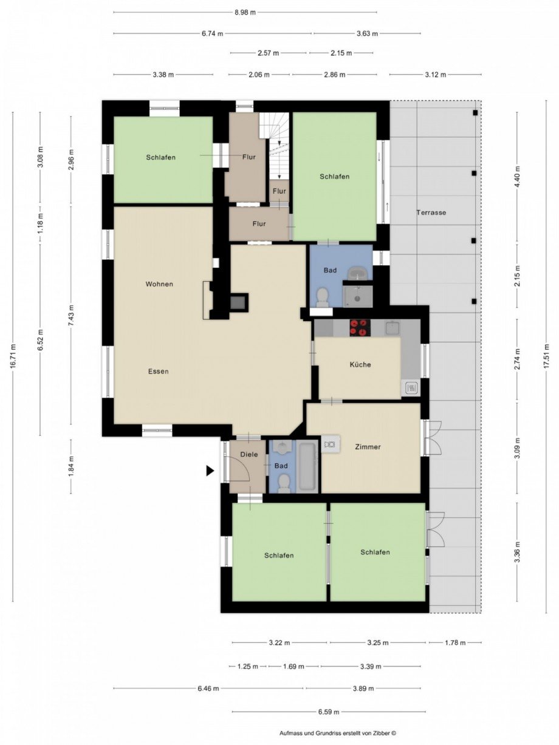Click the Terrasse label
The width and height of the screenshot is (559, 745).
tap(431, 213)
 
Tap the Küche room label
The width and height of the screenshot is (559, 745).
tap(360, 365)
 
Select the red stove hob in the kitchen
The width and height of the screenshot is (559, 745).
tap(359, 328)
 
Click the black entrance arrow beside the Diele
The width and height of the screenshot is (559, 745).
tap(210, 470)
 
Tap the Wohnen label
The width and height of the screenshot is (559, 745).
tap(159, 284)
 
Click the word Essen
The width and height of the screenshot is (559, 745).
tap(157, 371)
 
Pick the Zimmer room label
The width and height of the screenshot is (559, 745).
tap(368, 447)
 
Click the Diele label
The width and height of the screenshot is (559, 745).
tap(249, 454)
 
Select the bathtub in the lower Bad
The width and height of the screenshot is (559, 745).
tap(307, 467)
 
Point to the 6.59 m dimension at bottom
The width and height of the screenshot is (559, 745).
tap(328, 712)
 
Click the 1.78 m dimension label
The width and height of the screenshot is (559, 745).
tap(455, 642)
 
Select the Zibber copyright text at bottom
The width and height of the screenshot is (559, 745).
tap(337, 733)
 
